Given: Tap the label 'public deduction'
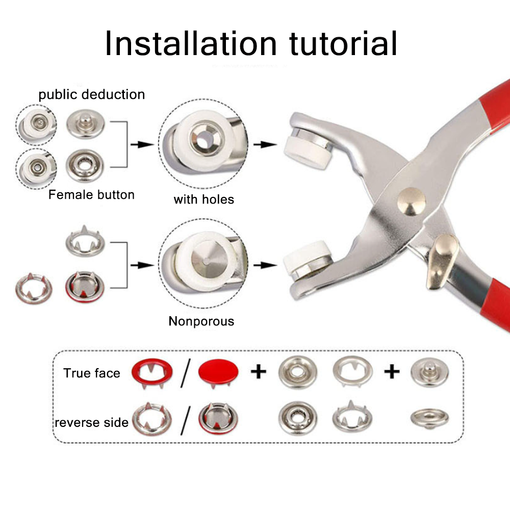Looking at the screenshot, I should pos(92,94).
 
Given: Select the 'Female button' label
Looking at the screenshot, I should pos(92,195).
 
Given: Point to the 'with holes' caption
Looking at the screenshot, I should pos(203,199).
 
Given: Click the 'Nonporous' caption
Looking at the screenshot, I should pos(201,321).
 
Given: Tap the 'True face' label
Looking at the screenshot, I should pos(92,373).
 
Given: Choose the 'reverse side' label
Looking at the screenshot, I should pos(92,422).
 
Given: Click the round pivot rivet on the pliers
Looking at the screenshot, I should pos(411,200).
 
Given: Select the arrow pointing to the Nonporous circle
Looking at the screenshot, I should pos(142,265).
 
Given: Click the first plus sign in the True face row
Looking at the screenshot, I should pos(259,372).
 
